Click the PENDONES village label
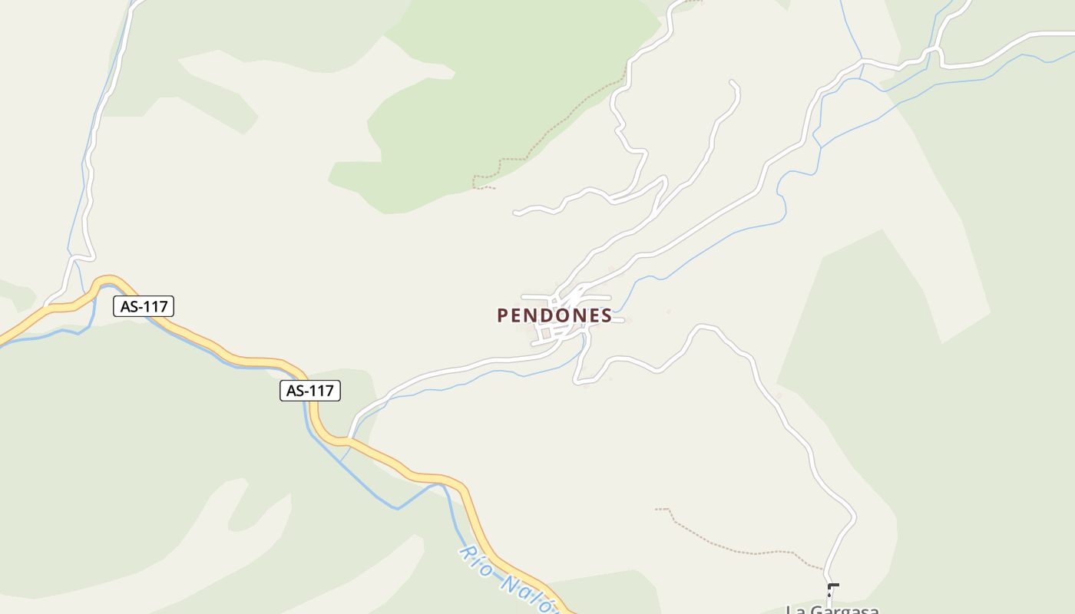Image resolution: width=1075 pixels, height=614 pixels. (554, 315)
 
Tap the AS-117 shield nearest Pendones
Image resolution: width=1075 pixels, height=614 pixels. (309, 391)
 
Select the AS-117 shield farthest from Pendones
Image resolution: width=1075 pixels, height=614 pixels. (144, 306)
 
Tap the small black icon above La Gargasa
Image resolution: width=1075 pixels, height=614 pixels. (832, 589)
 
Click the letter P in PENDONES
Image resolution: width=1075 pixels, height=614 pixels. (503, 315)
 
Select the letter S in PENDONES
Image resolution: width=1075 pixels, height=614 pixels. (607, 315)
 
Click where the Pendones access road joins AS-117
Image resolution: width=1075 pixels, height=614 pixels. (349, 441)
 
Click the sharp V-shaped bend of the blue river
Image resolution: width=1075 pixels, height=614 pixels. (397, 508)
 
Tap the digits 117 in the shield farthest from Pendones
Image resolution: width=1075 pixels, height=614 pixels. (154, 306)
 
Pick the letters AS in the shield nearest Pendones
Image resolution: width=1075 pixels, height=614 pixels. (296, 391)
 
